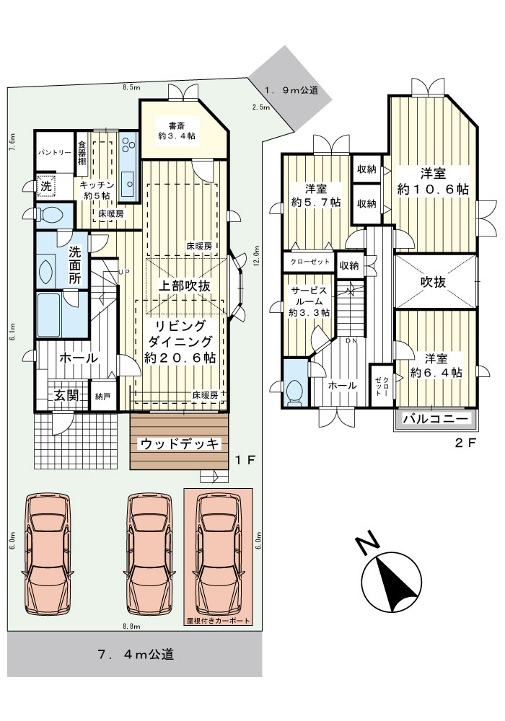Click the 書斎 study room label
(x=177, y=125)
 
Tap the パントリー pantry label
(x=54, y=152)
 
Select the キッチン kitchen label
(x=97, y=185)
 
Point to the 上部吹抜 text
(x=185, y=286)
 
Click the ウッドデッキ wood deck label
(x=180, y=443)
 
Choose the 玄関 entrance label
(x=66, y=394)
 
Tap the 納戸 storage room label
(x=102, y=396)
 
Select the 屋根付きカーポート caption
(x=218, y=620)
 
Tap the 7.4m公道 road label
(x=136, y=654)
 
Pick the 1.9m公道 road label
(x=291, y=90)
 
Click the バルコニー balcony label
(x=435, y=419)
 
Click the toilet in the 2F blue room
(x=293, y=391)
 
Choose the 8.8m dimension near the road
(x=131, y=626)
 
